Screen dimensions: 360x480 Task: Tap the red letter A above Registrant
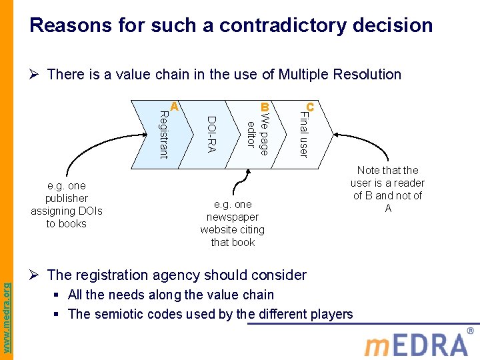pyautogui.click(x=174, y=107)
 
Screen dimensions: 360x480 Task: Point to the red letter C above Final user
pyautogui.click(x=310, y=107)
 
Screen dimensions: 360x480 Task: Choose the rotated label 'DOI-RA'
pyautogui.click(x=211, y=134)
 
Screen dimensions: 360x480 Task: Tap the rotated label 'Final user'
pyautogui.click(x=303, y=135)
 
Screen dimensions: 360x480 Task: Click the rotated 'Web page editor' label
pyautogui.click(x=257, y=135)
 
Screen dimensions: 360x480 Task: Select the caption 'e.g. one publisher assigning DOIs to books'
pyautogui.click(x=67, y=205)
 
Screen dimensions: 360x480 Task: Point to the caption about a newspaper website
pyautogui.click(x=233, y=223)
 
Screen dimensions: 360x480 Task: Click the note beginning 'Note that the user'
pyautogui.click(x=387, y=189)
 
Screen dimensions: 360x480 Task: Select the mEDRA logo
pyautogui.click(x=416, y=344)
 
